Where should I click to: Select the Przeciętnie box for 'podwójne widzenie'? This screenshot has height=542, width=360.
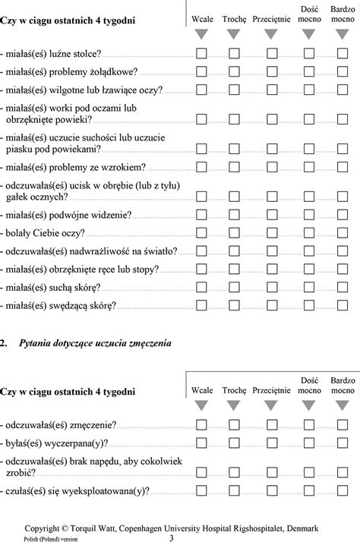click(x=271, y=215)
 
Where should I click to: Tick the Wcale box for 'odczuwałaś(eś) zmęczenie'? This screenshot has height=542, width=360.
click(x=201, y=426)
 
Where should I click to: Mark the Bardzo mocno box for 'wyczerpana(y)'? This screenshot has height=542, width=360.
click(x=343, y=444)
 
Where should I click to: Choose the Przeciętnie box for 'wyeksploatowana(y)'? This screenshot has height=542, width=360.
click(x=271, y=492)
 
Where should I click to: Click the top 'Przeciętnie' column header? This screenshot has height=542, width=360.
click(x=271, y=17)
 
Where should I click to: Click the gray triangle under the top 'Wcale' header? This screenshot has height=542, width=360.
click(x=201, y=34)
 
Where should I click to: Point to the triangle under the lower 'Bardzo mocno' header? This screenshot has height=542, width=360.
click(x=343, y=406)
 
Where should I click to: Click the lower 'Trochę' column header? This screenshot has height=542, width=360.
click(x=234, y=389)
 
